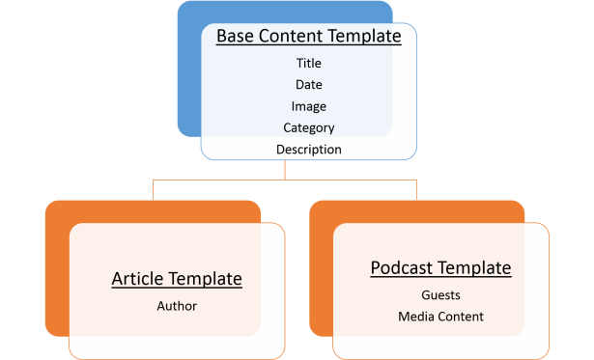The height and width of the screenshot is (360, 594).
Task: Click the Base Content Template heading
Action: (308, 37)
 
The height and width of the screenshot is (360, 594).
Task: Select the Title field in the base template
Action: (308, 64)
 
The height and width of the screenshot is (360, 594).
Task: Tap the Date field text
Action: (308, 85)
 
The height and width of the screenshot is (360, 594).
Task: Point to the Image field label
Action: (308, 106)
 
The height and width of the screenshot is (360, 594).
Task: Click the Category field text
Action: (308, 127)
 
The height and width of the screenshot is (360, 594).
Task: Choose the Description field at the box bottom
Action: (308, 150)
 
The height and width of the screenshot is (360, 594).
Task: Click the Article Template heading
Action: (177, 279)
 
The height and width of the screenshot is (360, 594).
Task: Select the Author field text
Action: (177, 306)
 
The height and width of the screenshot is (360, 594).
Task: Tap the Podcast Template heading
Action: (440, 267)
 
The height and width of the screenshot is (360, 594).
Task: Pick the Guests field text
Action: (440, 295)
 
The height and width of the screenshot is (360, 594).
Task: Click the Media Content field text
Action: (440, 317)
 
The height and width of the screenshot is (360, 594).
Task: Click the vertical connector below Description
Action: (286, 169)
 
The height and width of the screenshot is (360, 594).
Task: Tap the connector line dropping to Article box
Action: (154, 189)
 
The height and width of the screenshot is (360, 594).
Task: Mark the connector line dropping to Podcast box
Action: (417, 189)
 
